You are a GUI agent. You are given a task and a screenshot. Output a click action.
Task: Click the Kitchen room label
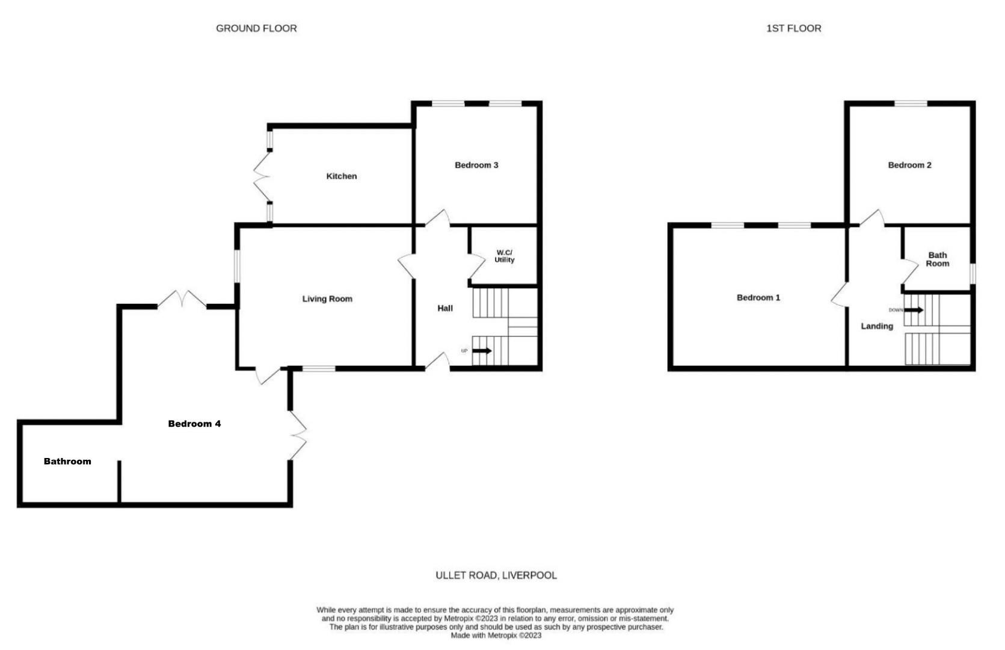tap(341, 176)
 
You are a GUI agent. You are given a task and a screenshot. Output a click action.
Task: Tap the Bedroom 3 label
tap(476, 165)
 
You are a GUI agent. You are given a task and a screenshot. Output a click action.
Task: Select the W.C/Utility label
tap(504, 256)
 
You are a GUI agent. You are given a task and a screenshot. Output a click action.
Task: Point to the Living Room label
tap(327, 299)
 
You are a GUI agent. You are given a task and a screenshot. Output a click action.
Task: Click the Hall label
tap(445, 308)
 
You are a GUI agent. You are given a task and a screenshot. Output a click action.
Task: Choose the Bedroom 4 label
tap(194, 424)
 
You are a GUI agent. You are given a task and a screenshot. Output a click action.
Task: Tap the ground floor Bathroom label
tap(67, 462)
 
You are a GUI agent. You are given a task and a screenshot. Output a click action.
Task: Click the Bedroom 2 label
tap(909, 165)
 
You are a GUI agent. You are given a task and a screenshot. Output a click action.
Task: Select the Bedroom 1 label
tap(758, 297)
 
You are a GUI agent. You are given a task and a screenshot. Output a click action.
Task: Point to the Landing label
tap(876, 326)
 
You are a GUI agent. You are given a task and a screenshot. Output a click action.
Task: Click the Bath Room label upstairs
tap(937, 259)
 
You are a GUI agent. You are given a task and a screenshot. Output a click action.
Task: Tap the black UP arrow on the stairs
tap(482, 351)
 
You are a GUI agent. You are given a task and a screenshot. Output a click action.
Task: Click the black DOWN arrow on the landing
tap(914, 310)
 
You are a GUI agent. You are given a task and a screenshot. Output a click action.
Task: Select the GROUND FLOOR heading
tap(256, 28)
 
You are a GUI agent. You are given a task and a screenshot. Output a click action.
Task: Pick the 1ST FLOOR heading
tap(793, 28)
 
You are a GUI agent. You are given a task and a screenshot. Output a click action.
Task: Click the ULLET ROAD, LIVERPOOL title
tap(496, 575)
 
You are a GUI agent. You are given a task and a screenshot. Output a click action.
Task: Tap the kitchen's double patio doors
tap(262, 176)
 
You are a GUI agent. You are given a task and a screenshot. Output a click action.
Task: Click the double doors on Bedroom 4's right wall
tap(299, 435)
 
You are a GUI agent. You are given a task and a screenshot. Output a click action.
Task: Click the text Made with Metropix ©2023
tap(496, 636)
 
